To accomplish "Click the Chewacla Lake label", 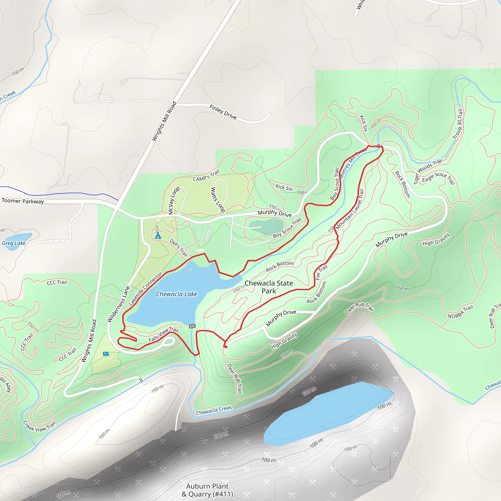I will point(176,294).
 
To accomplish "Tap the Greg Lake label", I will point(14,243).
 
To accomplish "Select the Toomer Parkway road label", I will point(23,201).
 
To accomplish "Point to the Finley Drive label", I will point(223,112).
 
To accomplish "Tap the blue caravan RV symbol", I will point(106,354).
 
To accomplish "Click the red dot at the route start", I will point(226,347).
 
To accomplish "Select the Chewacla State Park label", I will point(269,287).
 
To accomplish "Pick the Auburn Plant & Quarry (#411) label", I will point(207,490).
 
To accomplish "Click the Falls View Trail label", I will point(163,334).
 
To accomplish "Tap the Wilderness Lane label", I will point(118,304).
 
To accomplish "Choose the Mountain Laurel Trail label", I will point(350,209).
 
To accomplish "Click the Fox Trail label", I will point(321,272).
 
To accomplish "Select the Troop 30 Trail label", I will point(458,124).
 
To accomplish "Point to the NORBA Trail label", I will point(460,312).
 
